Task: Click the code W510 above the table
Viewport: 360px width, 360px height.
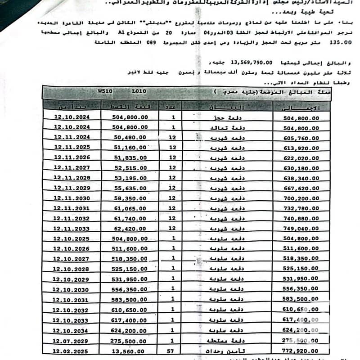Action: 104,91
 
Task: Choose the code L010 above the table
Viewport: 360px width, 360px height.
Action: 139,91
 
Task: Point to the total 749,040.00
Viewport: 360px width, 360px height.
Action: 301,229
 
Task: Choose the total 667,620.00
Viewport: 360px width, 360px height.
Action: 301,188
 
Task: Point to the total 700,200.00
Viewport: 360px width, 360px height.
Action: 301,198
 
